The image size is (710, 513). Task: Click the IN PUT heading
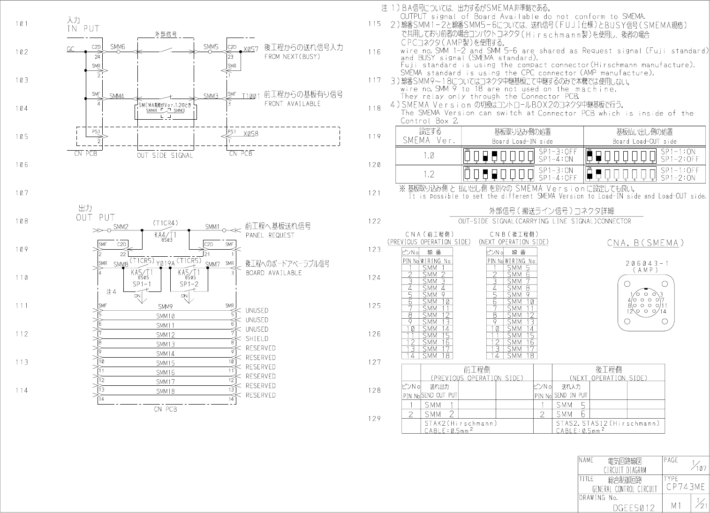click(x=83, y=28)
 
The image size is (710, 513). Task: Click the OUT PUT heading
click(x=95, y=217)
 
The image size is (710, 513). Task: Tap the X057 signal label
click(x=251, y=49)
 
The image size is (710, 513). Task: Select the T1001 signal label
click(x=250, y=96)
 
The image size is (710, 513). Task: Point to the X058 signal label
click(x=251, y=134)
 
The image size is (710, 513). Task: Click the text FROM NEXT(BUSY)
click(x=292, y=57)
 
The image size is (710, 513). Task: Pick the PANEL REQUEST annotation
click(x=270, y=235)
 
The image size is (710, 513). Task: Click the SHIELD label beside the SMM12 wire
click(x=257, y=338)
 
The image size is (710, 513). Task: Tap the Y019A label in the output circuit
click(x=165, y=264)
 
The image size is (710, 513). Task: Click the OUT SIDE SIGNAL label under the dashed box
click(x=165, y=155)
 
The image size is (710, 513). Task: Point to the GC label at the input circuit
click(x=71, y=49)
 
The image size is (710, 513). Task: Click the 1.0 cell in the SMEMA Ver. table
click(x=429, y=155)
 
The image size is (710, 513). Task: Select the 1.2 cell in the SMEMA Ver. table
click(x=429, y=174)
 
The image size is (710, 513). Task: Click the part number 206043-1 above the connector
click(x=647, y=263)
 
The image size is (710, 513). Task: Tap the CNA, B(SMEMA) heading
click(x=645, y=243)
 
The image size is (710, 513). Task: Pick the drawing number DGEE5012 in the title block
click(x=634, y=507)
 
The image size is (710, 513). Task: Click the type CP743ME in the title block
click(x=685, y=487)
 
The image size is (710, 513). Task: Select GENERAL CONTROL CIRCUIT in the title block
click(x=625, y=489)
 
